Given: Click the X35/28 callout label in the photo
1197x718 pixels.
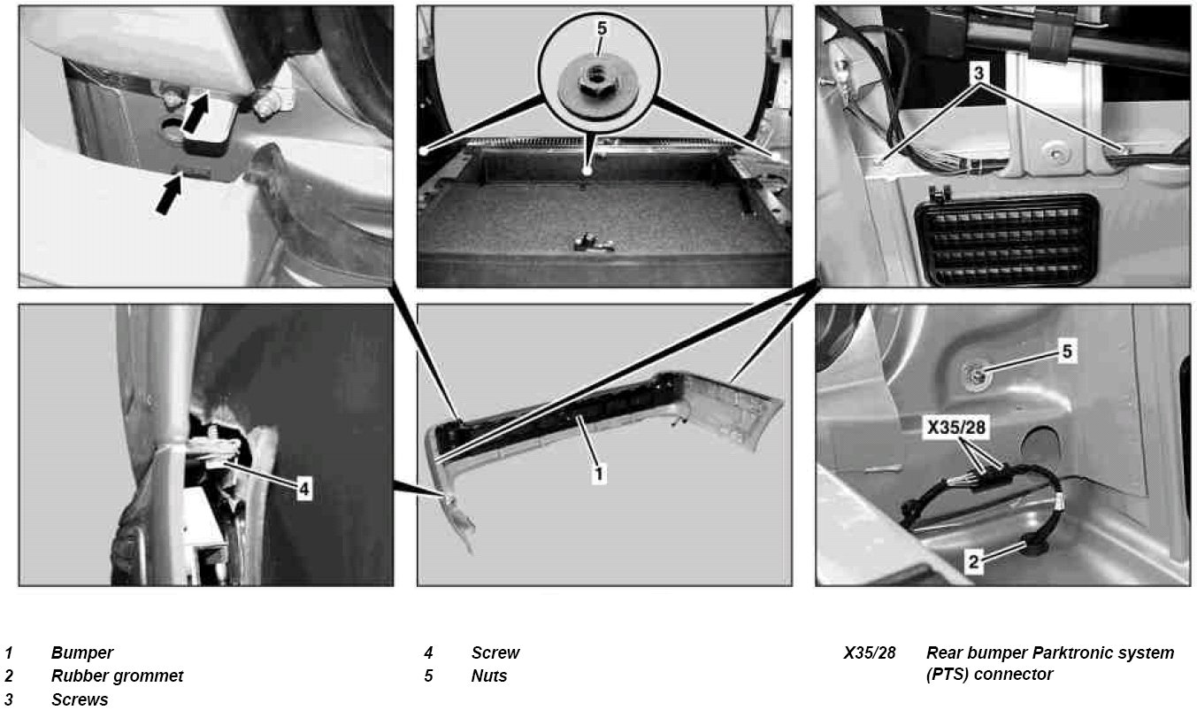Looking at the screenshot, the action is (x=956, y=428).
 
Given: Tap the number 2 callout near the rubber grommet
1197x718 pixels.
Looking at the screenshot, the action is (x=973, y=562).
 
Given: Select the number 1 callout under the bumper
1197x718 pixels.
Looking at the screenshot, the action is (x=598, y=475).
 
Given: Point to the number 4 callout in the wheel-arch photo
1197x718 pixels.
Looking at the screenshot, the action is (x=303, y=489).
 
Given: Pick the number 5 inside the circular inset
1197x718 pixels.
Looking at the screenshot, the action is (x=602, y=29).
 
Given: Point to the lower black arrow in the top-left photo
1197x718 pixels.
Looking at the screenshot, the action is (x=169, y=195).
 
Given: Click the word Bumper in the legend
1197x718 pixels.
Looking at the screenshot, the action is (x=81, y=652).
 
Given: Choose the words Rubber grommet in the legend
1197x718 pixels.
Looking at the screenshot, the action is (x=117, y=676).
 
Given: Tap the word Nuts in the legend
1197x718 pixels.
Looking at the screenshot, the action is (x=489, y=676).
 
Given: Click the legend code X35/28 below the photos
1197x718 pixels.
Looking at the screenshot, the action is (x=870, y=652).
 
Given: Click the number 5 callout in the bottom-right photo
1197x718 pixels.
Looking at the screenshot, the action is (x=1067, y=351).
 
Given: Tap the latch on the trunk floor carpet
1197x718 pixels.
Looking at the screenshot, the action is (x=592, y=243).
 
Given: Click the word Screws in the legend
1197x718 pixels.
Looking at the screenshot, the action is (x=80, y=699).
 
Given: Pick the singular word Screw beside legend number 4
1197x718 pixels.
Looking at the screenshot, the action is (x=495, y=652).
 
